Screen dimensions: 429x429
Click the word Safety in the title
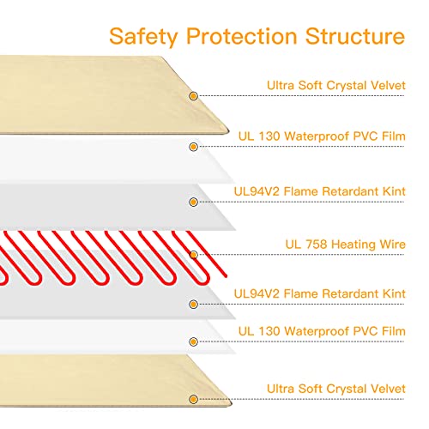click(143, 37)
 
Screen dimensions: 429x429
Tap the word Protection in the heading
click(242, 36)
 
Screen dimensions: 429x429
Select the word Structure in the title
click(355, 36)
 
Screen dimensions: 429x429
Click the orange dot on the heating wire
click(194, 255)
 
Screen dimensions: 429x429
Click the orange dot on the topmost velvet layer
click(194, 96)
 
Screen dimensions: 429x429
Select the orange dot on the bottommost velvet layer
click(194, 399)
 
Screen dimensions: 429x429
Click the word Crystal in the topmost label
click(347, 86)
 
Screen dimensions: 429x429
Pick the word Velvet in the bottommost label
click(388, 389)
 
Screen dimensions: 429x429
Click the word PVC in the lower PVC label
click(366, 331)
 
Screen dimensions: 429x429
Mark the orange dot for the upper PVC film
click(194, 147)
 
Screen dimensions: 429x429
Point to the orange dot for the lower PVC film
click(194, 341)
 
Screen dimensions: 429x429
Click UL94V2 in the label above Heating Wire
click(257, 191)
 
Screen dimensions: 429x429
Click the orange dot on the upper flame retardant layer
click(194, 202)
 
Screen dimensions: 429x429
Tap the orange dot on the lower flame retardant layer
click(194, 304)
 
